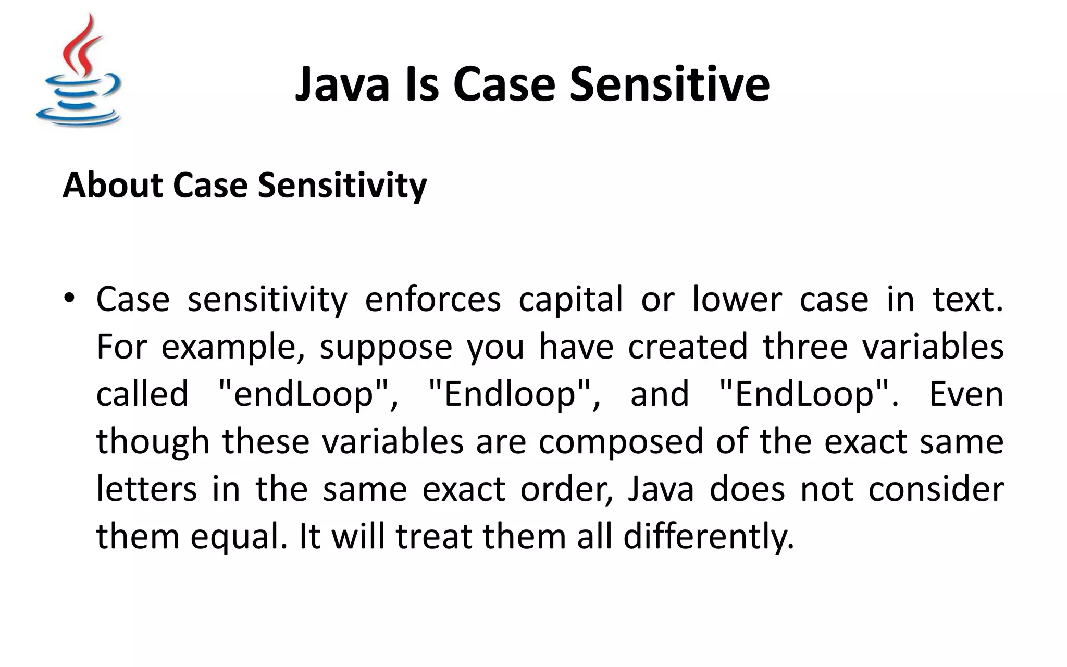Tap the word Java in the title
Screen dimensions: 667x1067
342,84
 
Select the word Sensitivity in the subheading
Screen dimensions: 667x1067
342,186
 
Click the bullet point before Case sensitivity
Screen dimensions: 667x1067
69,299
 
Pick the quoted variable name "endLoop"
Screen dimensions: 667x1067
307,394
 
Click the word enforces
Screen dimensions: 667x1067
432,300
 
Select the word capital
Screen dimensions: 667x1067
570,300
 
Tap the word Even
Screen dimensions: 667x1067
966,394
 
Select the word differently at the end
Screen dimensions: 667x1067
709,537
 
